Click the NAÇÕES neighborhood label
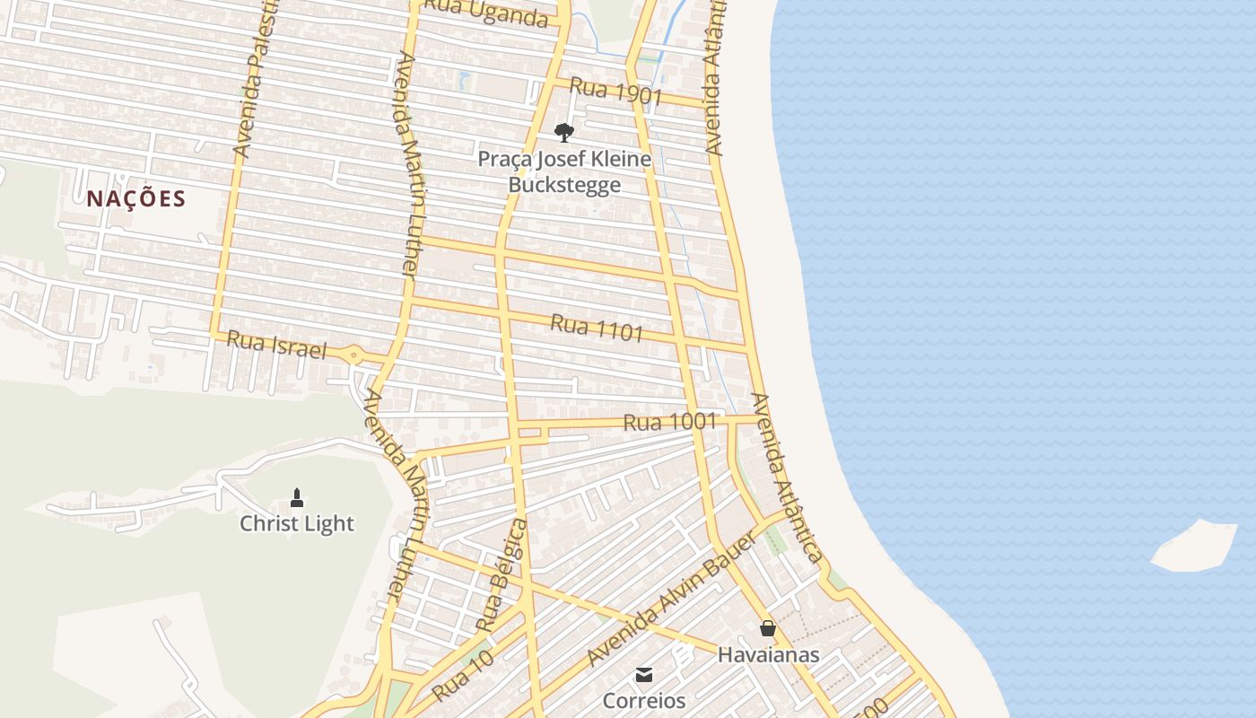click(135, 198)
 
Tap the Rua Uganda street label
click(485, 13)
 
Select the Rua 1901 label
click(615, 92)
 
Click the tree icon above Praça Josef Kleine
click(563, 133)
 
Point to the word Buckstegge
click(564, 186)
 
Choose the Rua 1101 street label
click(597, 328)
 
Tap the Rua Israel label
click(276, 345)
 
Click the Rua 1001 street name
click(669, 421)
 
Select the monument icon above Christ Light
click(297, 497)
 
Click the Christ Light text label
click(297, 523)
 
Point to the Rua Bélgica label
click(502, 574)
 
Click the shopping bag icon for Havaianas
click(768, 628)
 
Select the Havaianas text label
click(768, 654)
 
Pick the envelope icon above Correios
click(644, 675)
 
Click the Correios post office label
click(644, 700)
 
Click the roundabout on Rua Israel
click(353, 356)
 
